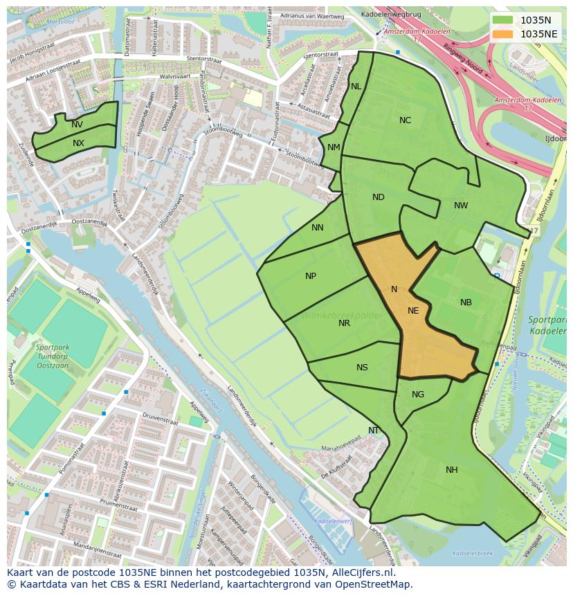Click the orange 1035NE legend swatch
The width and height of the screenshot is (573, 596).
503,34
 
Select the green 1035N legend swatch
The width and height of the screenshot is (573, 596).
503,20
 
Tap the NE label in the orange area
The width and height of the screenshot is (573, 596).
413,311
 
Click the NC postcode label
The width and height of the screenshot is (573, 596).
405,120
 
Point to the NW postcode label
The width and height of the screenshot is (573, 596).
461,206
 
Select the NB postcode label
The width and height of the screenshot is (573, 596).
466,302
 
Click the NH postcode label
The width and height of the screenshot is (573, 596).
451,470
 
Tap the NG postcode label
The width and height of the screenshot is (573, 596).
418,395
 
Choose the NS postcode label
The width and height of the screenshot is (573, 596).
362,368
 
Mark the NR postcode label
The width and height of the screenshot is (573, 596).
344,323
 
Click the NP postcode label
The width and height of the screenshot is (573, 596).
311,276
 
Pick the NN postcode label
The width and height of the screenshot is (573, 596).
317,228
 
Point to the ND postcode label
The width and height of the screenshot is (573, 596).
378,197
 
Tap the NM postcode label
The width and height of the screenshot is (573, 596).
334,147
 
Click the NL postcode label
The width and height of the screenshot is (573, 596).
356,87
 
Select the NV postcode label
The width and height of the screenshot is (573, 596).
77,125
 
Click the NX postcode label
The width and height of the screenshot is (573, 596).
78,143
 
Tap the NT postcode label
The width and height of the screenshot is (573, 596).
374,431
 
